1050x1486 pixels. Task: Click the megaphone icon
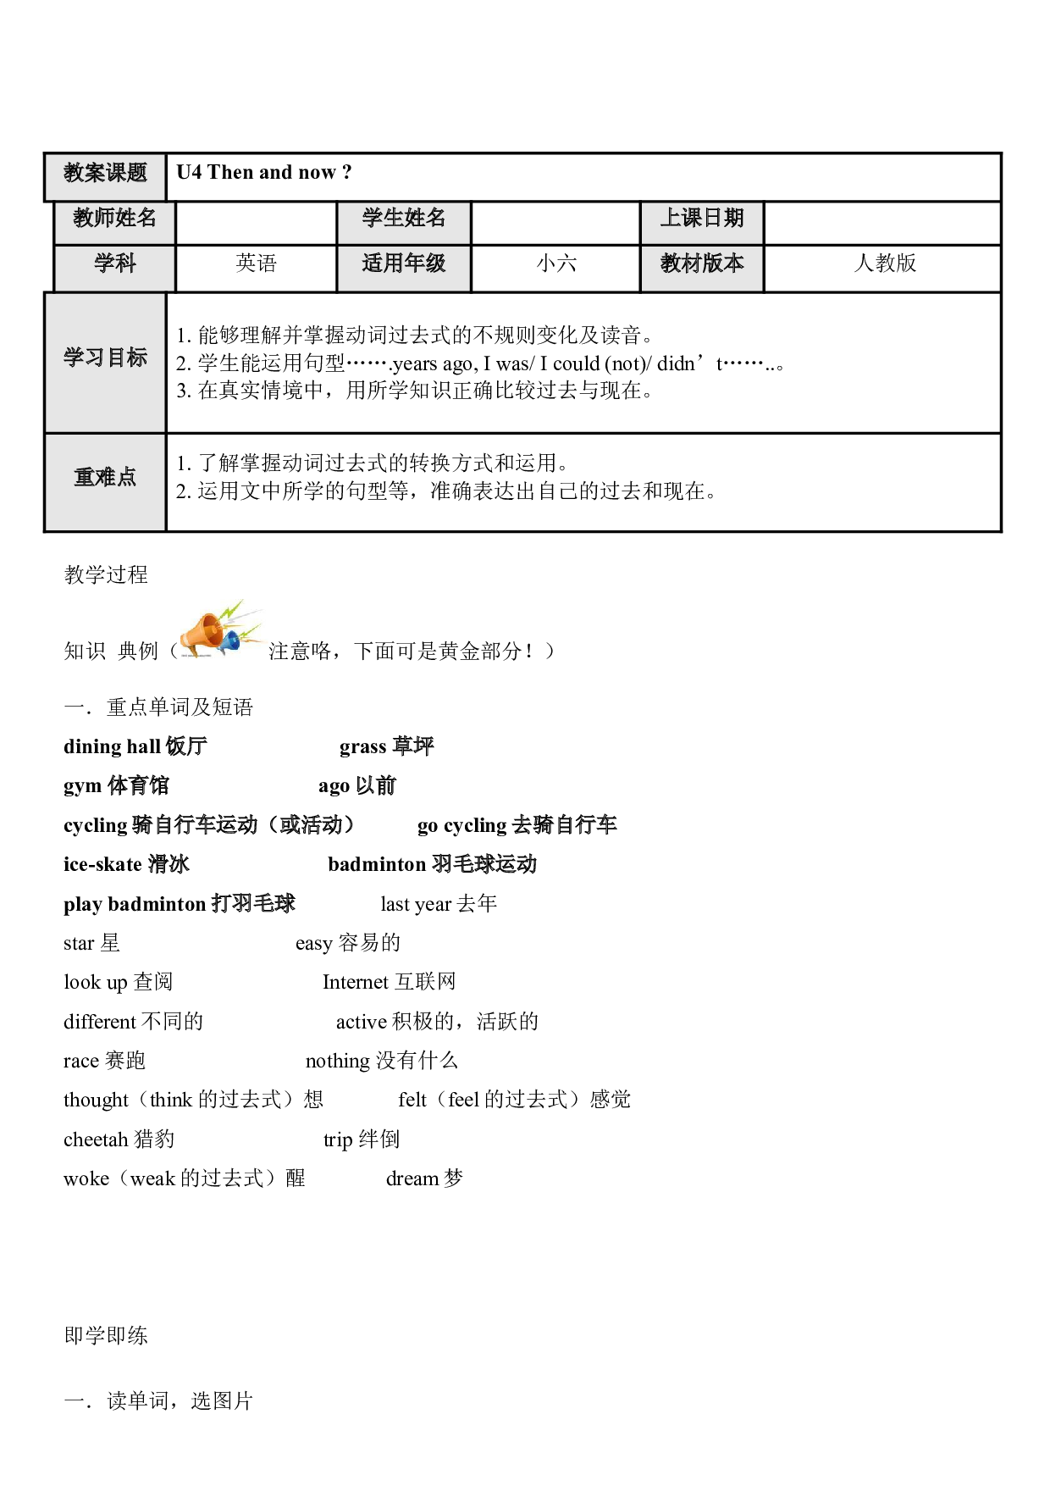(x=220, y=630)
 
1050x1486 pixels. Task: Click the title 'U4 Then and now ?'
(x=264, y=173)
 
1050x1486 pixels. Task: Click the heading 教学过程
(x=106, y=575)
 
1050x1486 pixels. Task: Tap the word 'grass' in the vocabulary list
(x=362, y=747)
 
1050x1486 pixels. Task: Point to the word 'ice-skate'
(x=102, y=864)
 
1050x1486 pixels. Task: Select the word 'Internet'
(x=355, y=982)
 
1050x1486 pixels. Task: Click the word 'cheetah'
(x=96, y=1139)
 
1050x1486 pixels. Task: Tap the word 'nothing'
(x=338, y=1062)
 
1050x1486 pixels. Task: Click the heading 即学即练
(x=106, y=1336)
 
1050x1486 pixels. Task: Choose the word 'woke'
(x=86, y=1178)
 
